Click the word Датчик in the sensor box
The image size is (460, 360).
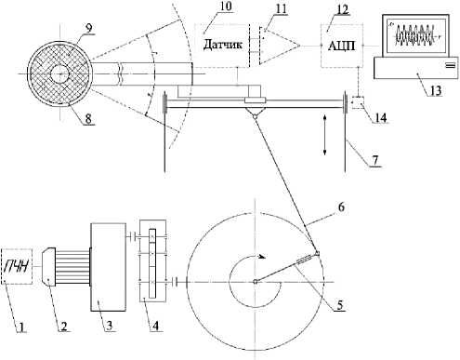pos(223,45)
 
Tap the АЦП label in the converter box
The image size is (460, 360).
pos(341,46)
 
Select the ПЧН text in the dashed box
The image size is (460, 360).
pos(17,266)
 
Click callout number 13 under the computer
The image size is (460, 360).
pos(435,90)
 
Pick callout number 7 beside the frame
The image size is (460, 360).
pos(375,160)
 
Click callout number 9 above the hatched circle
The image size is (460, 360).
pos(88,28)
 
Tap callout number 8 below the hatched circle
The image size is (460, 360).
pos(88,119)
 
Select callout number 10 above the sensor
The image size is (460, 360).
pos(226,7)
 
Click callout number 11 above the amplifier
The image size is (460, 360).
pos(281,8)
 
